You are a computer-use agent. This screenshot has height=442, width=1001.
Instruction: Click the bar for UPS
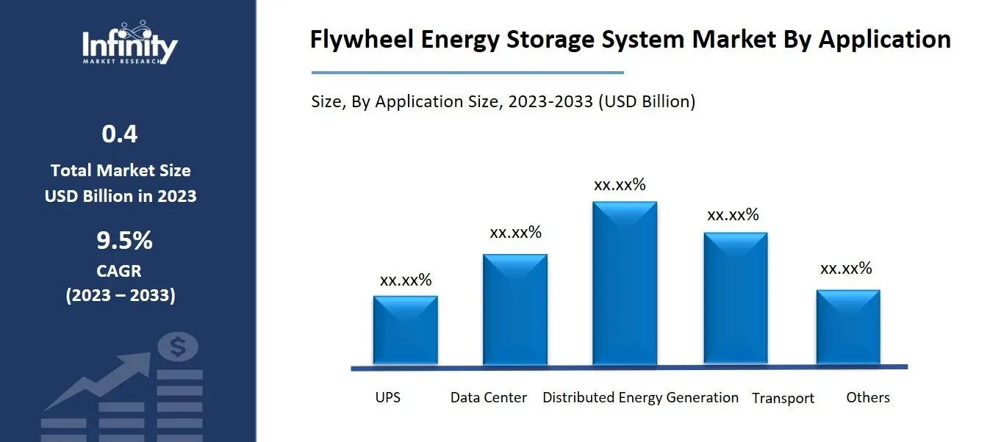pos(405,330)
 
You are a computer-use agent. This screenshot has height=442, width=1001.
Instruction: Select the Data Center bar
pos(514,309)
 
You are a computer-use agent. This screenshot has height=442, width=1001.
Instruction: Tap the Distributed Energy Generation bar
pos(625,283)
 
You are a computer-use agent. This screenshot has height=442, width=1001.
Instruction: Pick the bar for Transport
pos(736,298)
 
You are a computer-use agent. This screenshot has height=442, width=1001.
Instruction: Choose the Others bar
pos(848,327)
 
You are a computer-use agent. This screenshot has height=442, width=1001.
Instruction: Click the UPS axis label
pos(388,398)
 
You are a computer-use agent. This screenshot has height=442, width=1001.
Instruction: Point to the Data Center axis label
pos(489,398)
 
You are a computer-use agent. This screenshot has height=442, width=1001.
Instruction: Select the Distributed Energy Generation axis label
pos(640,398)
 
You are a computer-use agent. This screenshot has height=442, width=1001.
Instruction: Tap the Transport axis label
pos(783,399)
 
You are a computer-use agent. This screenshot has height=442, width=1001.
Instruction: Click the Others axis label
pos(868,398)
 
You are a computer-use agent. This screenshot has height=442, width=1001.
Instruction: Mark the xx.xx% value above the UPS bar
pos(406,280)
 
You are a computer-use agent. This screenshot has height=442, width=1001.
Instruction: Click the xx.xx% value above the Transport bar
pos(733,216)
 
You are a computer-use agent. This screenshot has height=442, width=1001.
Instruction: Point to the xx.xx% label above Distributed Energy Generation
pos(620,185)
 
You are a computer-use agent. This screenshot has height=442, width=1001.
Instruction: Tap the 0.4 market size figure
pos(120,134)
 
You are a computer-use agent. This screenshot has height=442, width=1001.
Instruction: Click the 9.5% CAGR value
pos(120,241)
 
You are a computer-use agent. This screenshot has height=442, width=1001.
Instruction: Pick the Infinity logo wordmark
pos(129,46)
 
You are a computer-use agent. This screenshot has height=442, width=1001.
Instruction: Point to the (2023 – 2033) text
pos(121,296)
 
